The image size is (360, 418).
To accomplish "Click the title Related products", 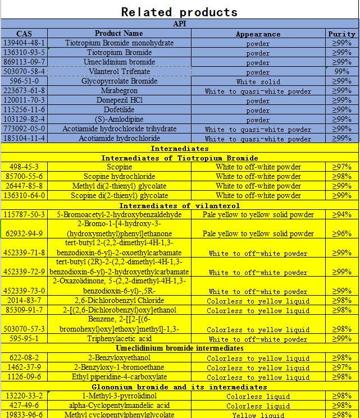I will click(x=179, y=12).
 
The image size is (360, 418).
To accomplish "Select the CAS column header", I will click(x=24, y=34).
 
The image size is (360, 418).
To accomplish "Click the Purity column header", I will click(x=341, y=34).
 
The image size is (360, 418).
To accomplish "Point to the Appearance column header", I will click(x=258, y=34).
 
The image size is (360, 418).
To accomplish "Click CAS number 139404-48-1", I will click(x=24, y=43).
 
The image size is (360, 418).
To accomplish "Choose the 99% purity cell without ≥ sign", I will click(x=341, y=72).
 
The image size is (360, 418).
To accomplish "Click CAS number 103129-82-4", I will click(x=24, y=120).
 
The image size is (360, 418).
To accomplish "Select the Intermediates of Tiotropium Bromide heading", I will click(x=180, y=158).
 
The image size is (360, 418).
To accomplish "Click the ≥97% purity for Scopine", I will click(x=341, y=167).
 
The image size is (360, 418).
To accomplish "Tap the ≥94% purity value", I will click(x=341, y=215).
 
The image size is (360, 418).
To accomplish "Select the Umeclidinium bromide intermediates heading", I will click(x=180, y=348).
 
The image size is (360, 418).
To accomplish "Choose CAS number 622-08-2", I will click(x=24, y=358).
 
